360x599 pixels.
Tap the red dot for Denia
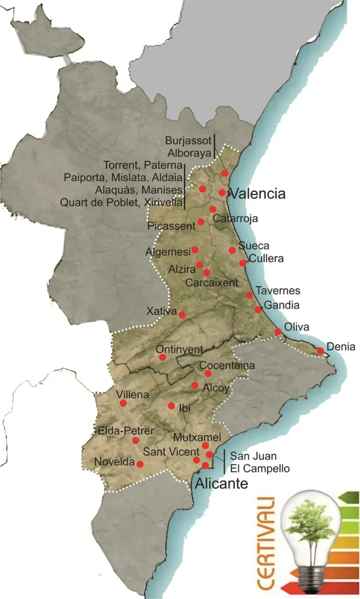tap(321, 351)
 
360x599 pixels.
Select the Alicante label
tap(221, 484)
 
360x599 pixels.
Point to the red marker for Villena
tap(123, 402)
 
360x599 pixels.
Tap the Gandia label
tap(282, 305)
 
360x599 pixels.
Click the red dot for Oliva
tap(278, 332)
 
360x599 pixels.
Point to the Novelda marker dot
tap(139, 464)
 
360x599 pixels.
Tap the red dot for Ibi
tap(171, 405)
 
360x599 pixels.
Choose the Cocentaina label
tap(227, 366)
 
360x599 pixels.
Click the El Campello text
tap(259, 468)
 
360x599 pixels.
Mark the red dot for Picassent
tap(201, 221)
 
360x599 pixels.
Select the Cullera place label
tap(267, 259)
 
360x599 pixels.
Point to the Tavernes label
tap(278, 291)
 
